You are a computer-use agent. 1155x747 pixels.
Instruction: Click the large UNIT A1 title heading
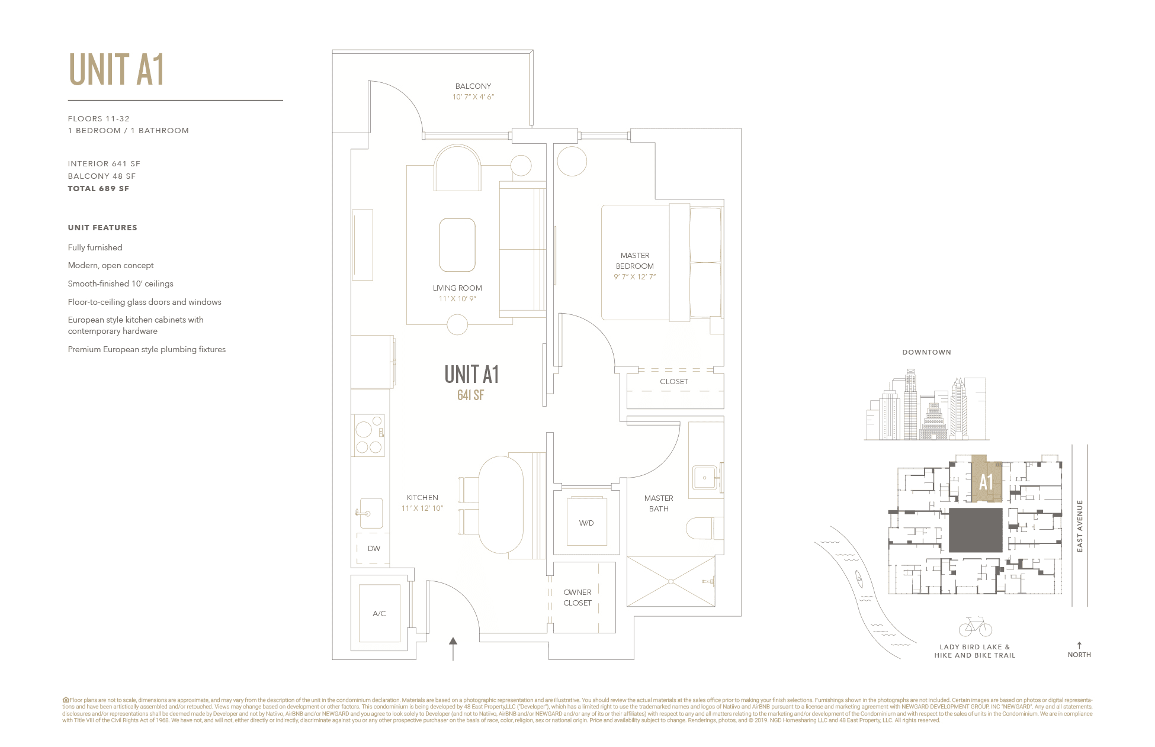(116, 70)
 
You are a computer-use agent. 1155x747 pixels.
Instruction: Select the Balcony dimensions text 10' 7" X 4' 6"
(473, 97)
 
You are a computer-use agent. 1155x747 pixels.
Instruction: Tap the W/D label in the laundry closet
(586, 523)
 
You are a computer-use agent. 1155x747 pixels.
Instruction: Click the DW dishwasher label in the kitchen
(374, 549)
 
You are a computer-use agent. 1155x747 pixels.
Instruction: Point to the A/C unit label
(379, 614)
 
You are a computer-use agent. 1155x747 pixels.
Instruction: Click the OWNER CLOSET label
(577, 598)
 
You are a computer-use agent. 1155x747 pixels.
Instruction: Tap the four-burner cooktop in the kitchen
(369, 436)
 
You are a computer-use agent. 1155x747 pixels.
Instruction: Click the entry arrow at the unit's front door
(453, 649)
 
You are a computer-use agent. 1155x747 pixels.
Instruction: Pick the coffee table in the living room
(457, 245)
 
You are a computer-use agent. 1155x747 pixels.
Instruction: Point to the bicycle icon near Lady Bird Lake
(975, 627)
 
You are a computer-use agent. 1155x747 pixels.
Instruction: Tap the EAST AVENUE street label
(1079, 526)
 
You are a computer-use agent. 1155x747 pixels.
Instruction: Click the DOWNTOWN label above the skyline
(926, 352)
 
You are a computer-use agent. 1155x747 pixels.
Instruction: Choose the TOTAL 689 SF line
(98, 189)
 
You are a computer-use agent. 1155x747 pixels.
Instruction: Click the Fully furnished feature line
(95, 247)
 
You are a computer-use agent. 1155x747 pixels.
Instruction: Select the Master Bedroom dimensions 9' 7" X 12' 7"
(634, 277)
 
